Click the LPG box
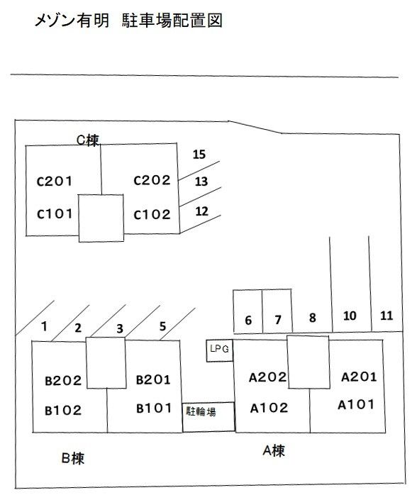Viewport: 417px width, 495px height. click(220, 350)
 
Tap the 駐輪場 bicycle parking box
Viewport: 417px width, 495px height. click(208, 417)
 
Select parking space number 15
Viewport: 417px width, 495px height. click(199, 155)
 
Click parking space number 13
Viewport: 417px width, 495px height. click(201, 182)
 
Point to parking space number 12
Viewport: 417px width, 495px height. click(201, 211)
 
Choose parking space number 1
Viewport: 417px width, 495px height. click(44, 326)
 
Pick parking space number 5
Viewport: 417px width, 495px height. click(162, 326)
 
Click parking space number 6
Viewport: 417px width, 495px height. click(248, 320)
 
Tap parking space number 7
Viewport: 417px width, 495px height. click(278, 320)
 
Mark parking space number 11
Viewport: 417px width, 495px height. click(387, 316)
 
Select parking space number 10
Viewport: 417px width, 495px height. click(350, 316)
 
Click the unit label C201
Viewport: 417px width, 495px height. click(55, 182)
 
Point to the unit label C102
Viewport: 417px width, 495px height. click(152, 215)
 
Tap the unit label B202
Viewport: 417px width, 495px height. click(63, 381)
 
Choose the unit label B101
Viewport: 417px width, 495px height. click(154, 408)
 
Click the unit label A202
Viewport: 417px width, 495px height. click(267, 377)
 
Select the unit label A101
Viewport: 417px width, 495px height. click(356, 405)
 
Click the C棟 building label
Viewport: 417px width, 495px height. click(88, 140)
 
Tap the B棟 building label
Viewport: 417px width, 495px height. click(73, 458)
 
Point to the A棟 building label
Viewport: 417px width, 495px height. click(274, 451)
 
